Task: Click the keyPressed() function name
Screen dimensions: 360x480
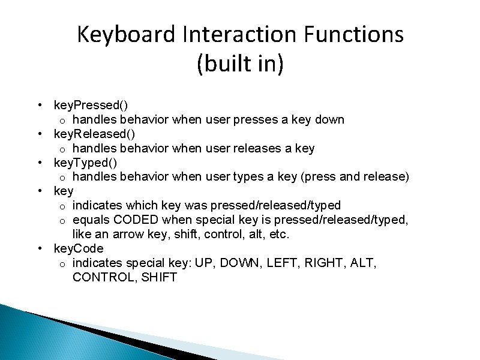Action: click(91, 105)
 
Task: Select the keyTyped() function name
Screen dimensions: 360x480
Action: click(86, 163)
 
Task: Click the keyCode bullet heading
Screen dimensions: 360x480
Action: click(79, 248)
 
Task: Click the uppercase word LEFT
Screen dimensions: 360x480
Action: click(287, 263)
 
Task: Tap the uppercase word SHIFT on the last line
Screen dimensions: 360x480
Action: click(158, 277)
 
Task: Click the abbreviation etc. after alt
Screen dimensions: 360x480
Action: click(279, 234)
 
